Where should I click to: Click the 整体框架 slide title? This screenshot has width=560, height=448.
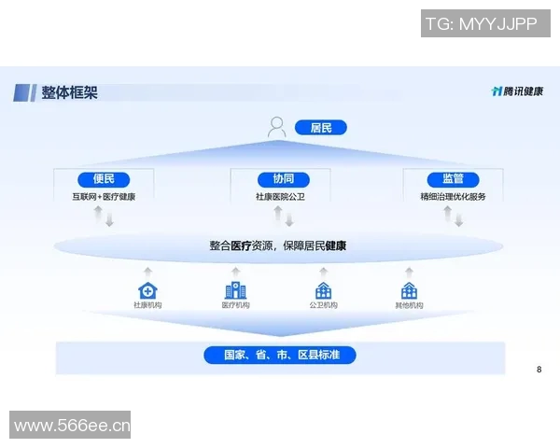click(69, 92)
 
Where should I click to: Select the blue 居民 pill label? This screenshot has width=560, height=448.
click(320, 128)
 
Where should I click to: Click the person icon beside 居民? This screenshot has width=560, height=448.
click(277, 127)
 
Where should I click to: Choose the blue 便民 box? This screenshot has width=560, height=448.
click(104, 179)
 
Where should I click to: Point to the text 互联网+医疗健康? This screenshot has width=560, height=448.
click(104, 197)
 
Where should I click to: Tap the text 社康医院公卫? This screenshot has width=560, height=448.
click(280, 197)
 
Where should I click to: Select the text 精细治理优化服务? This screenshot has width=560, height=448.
click(453, 197)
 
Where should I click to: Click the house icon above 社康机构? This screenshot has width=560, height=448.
click(147, 291)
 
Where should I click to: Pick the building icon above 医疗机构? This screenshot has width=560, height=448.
click(234, 291)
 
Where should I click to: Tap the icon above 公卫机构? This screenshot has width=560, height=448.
click(324, 291)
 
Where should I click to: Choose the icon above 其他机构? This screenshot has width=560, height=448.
click(409, 291)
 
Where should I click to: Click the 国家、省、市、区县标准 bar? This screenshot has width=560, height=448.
click(280, 356)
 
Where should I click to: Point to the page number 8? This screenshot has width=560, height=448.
click(539, 370)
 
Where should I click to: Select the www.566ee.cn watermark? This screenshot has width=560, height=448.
click(72, 427)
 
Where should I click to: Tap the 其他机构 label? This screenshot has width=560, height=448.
click(409, 306)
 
